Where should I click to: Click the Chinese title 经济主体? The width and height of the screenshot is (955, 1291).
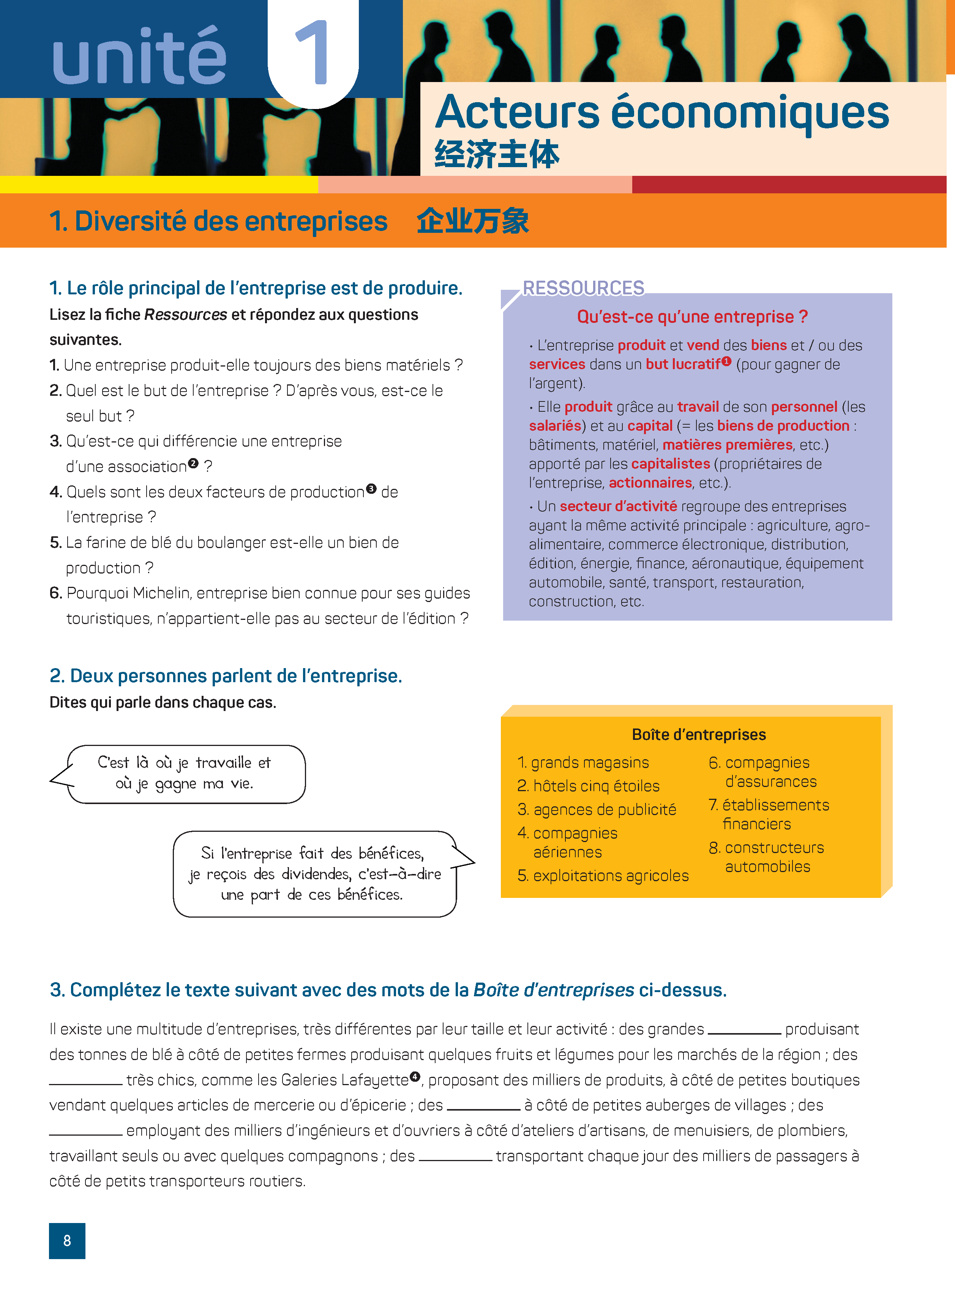click(497, 155)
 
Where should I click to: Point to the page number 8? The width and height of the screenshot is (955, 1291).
click(67, 1241)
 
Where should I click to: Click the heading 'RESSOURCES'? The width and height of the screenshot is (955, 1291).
click(583, 288)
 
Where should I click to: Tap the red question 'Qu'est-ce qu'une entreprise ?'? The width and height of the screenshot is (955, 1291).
click(692, 317)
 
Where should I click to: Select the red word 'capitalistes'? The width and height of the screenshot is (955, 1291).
click(670, 464)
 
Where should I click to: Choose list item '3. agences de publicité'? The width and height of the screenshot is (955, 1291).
click(597, 809)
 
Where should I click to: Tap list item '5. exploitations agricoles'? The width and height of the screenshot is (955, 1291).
click(603, 876)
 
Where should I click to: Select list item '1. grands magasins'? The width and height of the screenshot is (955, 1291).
click(583, 763)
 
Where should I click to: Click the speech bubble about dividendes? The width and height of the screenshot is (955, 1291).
click(315, 874)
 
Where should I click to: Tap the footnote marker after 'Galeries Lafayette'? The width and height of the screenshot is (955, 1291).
click(415, 1076)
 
